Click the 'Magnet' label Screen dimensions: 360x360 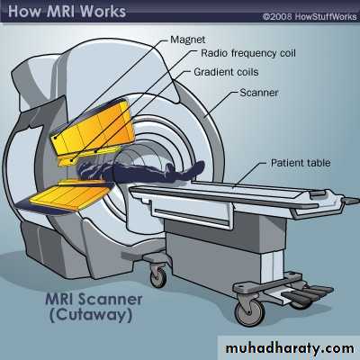tap(188, 40)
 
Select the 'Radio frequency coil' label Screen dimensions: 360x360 tap(248, 53)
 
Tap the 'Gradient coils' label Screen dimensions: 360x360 tap(226, 72)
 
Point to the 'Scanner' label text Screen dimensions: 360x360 tap(259, 93)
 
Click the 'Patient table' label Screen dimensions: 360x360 tap(301, 163)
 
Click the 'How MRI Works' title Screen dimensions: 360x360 tap(67, 11)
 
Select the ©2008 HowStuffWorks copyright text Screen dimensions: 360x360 tap(310, 16)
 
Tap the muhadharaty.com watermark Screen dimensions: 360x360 tap(290, 348)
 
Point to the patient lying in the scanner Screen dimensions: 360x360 tap(141, 172)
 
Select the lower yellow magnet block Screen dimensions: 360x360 tap(70, 194)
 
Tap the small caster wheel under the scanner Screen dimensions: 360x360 tap(158, 276)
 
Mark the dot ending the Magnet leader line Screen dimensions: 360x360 tap(56, 138)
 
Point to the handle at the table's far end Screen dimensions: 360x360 tap(351, 201)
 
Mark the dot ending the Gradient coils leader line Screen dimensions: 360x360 tap(95, 151)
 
